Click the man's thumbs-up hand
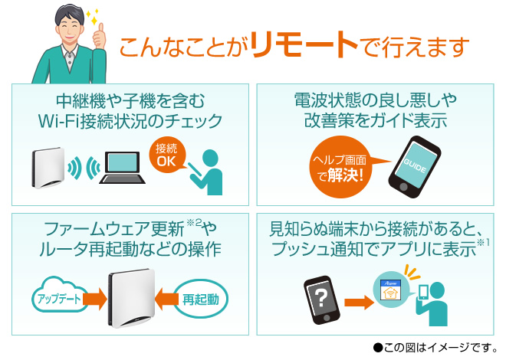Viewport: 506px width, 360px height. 100,36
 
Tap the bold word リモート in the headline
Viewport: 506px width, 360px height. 304,44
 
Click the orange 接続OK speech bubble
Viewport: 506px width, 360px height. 167,155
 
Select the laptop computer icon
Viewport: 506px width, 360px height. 122,168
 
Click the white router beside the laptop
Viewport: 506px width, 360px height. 48,168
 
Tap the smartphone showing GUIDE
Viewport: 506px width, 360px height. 415,166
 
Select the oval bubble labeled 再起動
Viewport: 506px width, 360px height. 201,299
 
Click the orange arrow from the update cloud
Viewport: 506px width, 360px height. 95,299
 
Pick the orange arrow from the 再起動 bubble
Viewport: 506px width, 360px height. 166,299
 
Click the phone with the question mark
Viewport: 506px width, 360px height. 322,300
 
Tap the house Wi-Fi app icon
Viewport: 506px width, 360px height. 390,290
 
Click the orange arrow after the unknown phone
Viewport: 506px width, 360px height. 359,303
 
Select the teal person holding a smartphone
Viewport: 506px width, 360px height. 432,303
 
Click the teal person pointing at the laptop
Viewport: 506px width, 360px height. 206,172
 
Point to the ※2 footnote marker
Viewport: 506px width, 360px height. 194,222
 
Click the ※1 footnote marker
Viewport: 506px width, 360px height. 483,242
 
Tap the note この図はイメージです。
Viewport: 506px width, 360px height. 435,348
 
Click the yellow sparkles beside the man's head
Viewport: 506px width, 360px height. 93,17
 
